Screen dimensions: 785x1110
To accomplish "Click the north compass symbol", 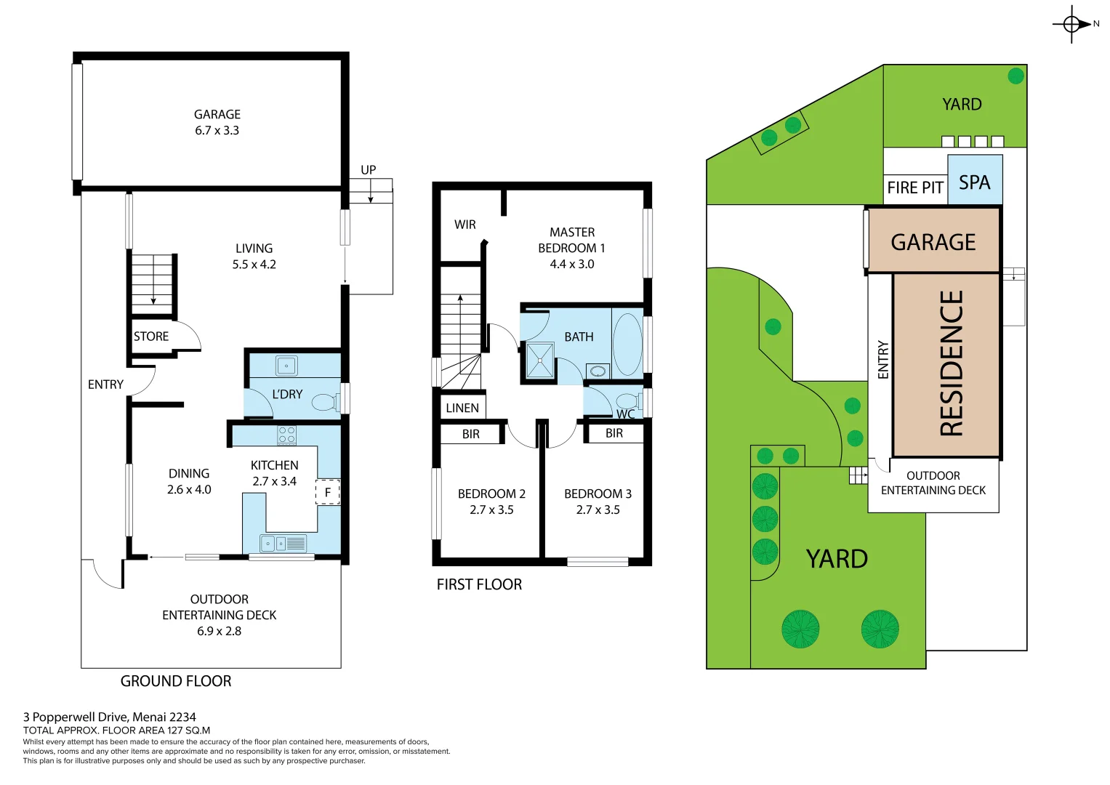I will click(x=1072, y=24).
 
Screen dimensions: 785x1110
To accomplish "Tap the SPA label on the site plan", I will click(x=974, y=182).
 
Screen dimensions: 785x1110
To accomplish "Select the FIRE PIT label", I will click(x=914, y=188).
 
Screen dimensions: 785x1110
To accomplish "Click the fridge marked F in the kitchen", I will click(x=327, y=492).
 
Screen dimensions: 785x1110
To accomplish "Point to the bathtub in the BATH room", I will click(x=627, y=344).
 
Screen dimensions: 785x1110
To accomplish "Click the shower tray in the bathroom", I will click(x=539, y=360).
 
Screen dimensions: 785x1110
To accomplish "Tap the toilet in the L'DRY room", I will click(x=325, y=401).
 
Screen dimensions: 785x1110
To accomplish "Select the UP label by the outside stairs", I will click(x=369, y=170).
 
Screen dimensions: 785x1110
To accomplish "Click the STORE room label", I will click(x=151, y=337).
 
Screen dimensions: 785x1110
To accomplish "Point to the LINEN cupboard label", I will click(x=462, y=408).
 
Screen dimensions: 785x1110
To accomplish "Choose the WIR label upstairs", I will click(x=465, y=225).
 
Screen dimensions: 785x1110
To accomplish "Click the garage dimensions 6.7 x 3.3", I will click(x=217, y=131).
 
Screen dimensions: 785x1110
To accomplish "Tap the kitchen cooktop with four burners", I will click(x=286, y=435).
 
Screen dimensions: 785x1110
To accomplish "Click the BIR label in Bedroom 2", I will click(x=471, y=434).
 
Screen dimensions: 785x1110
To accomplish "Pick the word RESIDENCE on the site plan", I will click(x=952, y=363).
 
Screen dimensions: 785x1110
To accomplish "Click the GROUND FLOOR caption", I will click(x=176, y=681).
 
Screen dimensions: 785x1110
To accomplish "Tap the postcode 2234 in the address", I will click(x=182, y=717).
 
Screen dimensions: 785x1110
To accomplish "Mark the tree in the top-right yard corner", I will click(x=1016, y=76).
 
